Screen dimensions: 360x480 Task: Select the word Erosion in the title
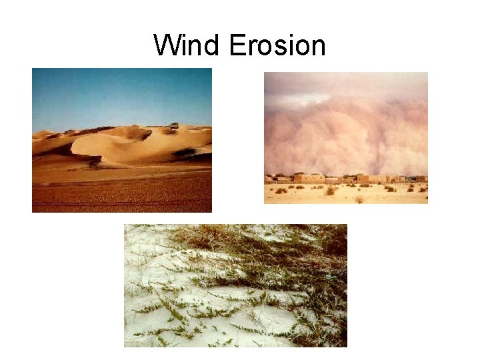[277, 46]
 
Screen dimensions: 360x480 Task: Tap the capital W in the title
[166, 46]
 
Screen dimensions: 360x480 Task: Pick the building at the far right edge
[421, 179]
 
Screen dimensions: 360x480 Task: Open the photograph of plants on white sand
[235, 285]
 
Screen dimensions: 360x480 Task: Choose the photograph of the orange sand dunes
[121, 140]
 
